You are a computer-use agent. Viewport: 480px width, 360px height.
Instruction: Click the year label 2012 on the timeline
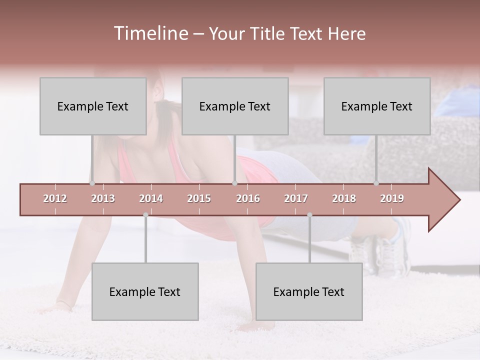tap(55, 198)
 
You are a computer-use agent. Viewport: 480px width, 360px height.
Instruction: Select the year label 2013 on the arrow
tap(103, 198)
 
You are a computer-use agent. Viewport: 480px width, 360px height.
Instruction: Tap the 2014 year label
tap(151, 198)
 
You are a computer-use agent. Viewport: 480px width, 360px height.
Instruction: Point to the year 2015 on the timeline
tap(199, 198)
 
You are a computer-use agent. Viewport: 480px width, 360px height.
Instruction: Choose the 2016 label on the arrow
tap(248, 198)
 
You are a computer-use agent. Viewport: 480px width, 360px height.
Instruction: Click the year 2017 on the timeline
tap(296, 198)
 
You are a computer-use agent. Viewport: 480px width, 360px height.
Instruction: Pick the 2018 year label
tap(344, 198)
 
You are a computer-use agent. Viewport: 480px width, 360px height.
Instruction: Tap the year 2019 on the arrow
tap(392, 198)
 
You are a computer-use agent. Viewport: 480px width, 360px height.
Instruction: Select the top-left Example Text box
tap(93, 106)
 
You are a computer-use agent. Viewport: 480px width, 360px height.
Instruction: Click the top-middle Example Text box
tap(235, 106)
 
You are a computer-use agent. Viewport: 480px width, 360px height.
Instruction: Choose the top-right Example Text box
tap(377, 106)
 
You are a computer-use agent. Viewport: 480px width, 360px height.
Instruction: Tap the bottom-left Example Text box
tap(145, 291)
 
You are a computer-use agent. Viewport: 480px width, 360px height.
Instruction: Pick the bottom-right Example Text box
tap(309, 291)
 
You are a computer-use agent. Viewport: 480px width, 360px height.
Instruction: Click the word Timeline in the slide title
tap(150, 33)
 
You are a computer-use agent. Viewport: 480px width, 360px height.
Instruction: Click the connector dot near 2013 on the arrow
tap(92, 183)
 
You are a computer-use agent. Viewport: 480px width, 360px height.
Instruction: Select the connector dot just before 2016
tap(235, 183)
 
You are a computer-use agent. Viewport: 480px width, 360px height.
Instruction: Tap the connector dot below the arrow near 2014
tap(145, 215)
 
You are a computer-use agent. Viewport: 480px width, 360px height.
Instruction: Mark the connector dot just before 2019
tap(376, 183)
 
